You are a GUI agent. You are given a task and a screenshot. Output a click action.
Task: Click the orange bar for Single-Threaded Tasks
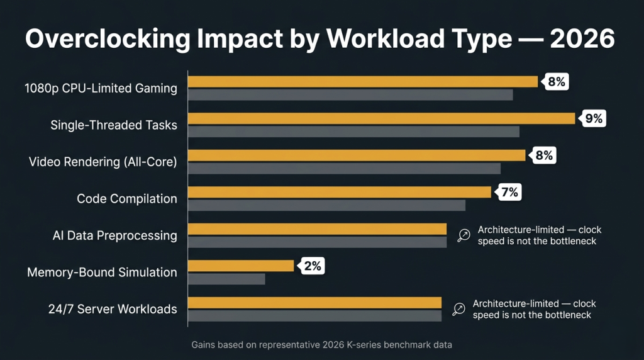click(x=382, y=118)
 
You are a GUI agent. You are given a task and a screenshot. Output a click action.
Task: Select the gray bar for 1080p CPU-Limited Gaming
click(x=350, y=95)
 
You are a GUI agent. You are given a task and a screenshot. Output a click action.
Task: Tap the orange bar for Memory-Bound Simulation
click(x=241, y=266)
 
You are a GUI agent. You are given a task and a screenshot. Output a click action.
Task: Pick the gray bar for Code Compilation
click(x=326, y=205)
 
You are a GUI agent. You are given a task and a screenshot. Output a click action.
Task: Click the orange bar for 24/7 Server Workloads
click(x=314, y=303)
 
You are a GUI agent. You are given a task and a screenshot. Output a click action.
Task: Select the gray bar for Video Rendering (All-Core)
click(x=344, y=168)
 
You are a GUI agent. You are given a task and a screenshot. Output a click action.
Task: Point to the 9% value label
click(x=593, y=118)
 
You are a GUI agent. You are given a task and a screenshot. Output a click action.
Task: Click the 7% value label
click(x=509, y=192)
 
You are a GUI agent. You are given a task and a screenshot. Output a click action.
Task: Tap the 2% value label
click(x=312, y=266)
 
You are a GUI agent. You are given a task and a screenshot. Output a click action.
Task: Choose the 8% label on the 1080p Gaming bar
click(x=556, y=81)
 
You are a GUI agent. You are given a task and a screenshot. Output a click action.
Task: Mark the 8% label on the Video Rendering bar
click(x=543, y=155)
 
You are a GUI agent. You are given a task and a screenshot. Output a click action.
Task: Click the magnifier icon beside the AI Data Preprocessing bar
click(x=464, y=235)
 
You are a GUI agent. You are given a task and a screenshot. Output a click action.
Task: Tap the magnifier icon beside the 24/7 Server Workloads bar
click(x=458, y=309)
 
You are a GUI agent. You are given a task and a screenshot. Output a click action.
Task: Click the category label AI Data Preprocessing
click(x=114, y=235)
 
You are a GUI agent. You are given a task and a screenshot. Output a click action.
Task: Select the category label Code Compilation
click(x=126, y=199)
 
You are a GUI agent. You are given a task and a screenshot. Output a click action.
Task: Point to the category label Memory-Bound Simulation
click(x=102, y=273)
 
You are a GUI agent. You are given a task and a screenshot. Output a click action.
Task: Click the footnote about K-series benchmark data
click(x=321, y=345)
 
